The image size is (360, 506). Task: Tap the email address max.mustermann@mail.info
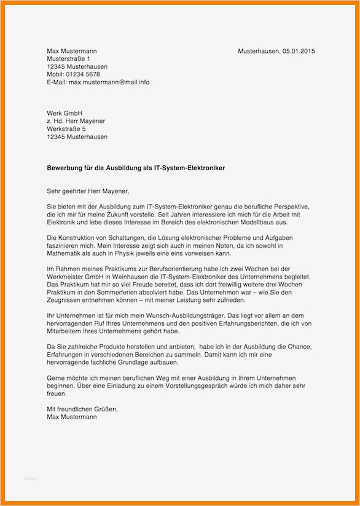tap(109, 82)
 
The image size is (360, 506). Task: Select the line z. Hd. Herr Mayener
tap(76, 121)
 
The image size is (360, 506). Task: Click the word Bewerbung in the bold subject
tap(65, 167)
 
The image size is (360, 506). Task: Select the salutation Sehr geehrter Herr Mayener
tap(88, 191)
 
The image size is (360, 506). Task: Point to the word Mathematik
tap(66, 253)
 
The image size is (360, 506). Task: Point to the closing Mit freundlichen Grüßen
tap(82, 408)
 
